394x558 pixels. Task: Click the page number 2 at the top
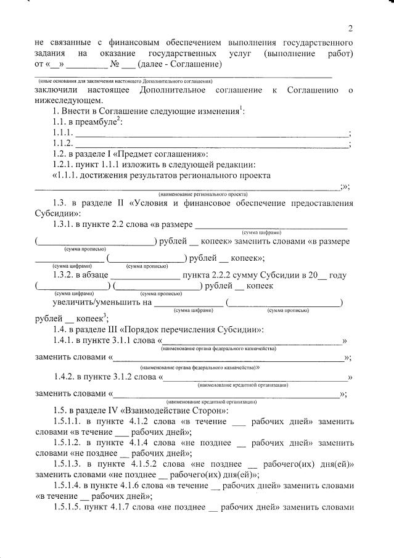pos(350,28)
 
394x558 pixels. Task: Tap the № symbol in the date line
pos(114,64)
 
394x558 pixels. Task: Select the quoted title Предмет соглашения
pos(165,154)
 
